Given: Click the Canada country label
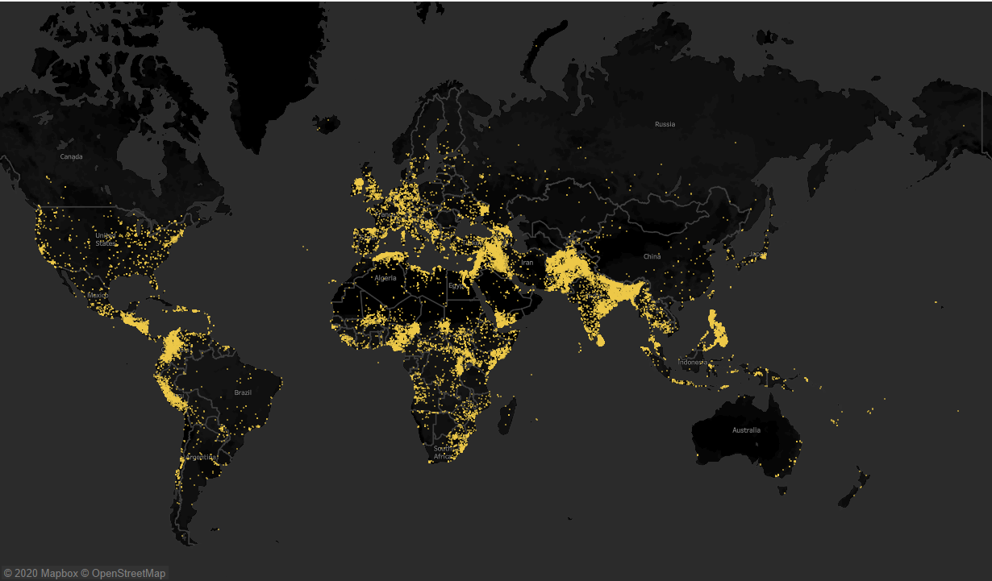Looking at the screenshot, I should pyautogui.click(x=72, y=156).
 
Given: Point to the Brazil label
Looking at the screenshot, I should pyautogui.click(x=243, y=392).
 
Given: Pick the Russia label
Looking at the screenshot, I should pyautogui.click(x=665, y=124).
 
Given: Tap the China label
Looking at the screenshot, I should pyautogui.click(x=652, y=256).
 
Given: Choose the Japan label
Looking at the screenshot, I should pyautogui.click(x=757, y=255).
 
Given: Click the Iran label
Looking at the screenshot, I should pyautogui.click(x=527, y=263).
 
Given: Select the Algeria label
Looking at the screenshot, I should pyautogui.click(x=386, y=278).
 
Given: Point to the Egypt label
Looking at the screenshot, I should pyautogui.click(x=456, y=285).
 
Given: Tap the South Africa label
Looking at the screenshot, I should pyautogui.click(x=443, y=452).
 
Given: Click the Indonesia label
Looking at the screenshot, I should pyautogui.click(x=692, y=363).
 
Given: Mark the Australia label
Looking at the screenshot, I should pyautogui.click(x=746, y=430).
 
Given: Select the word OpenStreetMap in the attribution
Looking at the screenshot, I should pyautogui.click(x=128, y=573).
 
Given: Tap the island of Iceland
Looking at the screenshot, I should pyautogui.click(x=327, y=124).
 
